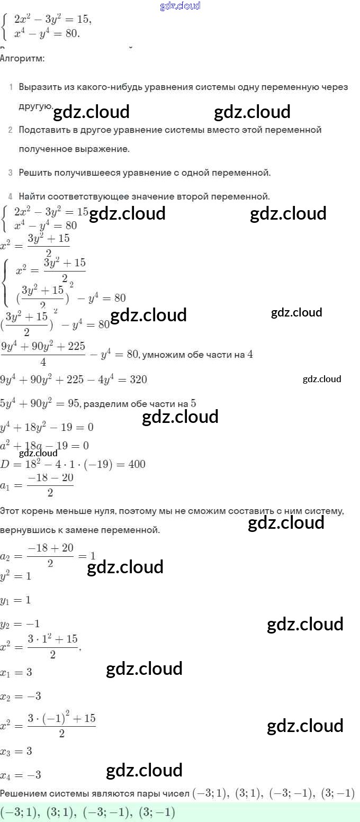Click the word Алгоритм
tap(22, 58)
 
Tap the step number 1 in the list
tap(11, 87)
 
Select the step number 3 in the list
tap(11, 173)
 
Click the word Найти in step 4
tap(32, 196)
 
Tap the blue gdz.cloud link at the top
tap(180, 6)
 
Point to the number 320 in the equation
tap(137, 379)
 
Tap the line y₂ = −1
tap(20, 624)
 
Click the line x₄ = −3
tap(21, 775)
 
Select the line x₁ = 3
tap(16, 672)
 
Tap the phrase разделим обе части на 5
tap(140, 403)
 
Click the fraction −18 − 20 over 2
tap(50, 485)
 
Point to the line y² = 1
tap(16, 576)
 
